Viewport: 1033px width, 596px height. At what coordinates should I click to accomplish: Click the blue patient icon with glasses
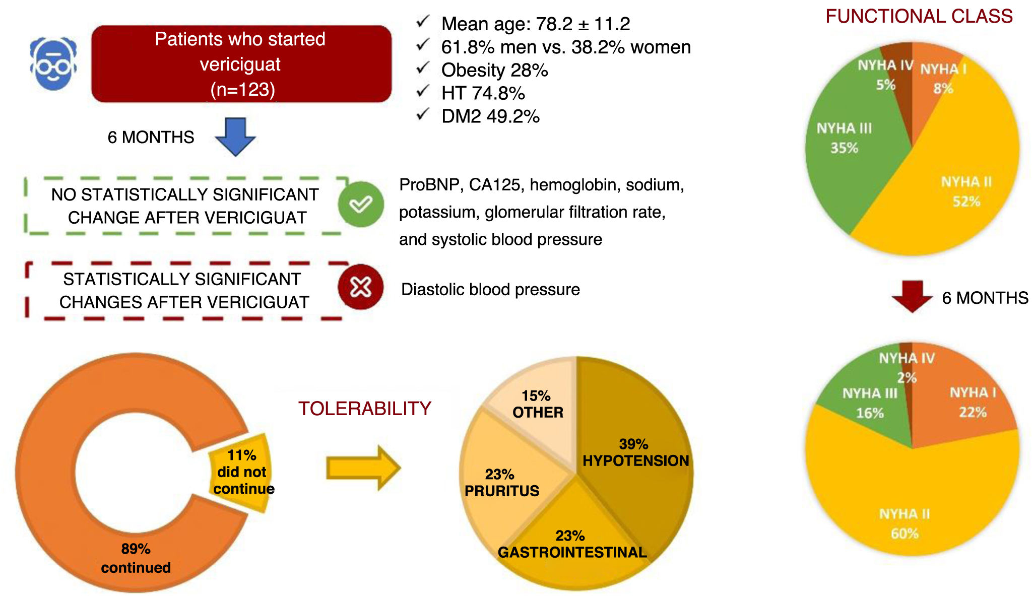click(53, 63)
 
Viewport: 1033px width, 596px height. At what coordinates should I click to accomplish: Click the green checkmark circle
click(361, 204)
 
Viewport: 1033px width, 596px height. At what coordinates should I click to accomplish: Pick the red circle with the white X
click(361, 287)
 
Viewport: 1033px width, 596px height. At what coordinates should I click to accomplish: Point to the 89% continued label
click(136, 558)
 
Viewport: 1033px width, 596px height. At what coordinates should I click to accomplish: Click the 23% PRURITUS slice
click(501, 482)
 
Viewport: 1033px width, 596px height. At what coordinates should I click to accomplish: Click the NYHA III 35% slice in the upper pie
click(845, 139)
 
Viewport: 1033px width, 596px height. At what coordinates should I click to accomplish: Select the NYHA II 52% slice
click(965, 191)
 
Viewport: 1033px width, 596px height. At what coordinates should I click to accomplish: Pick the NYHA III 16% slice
click(870, 403)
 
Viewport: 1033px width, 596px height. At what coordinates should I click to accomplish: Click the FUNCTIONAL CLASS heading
click(919, 16)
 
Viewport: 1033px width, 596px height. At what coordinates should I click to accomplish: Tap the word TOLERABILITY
click(364, 409)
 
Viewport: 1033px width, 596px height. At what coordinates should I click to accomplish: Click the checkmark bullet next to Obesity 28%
click(423, 68)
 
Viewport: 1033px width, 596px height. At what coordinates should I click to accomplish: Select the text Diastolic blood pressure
click(490, 290)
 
